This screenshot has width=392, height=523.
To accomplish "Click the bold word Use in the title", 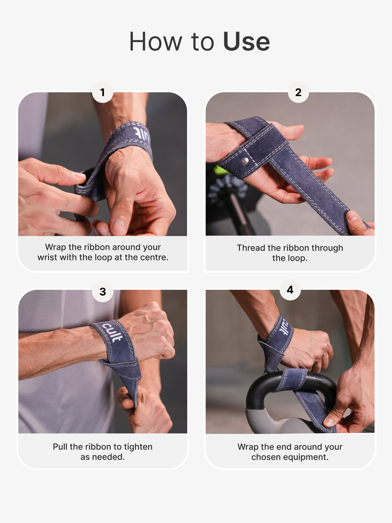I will pyautogui.click(x=246, y=42).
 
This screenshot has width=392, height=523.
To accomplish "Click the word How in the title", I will pyautogui.click(x=155, y=42).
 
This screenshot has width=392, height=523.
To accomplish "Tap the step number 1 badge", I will pyautogui.click(x=102, y=92).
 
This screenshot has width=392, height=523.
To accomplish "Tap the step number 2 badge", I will pyautogui.click(x=298, y=92).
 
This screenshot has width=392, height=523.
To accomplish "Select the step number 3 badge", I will pyautogui.click(x=103, y=292).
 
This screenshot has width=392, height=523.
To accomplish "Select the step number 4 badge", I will pyautogui.click(x=290, y=290).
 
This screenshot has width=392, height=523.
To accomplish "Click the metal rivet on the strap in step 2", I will pyautogui.click(x=245, y=161).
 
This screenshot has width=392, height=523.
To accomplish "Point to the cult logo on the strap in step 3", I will pyautogui.click(x=112, y=332).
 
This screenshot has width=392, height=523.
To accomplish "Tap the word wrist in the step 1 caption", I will pyautogui.click(x=47, y=258).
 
